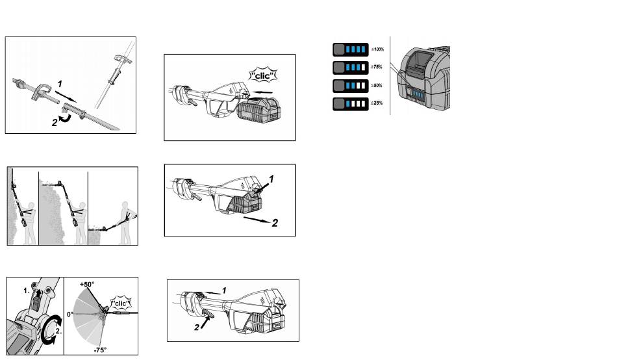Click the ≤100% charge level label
(x=377, y=49)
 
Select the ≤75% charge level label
(x=377, y=67)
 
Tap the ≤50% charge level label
(x=377, y=85)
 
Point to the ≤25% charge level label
(x=377, y=103)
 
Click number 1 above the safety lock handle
(x=225, y=290)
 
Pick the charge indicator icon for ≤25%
(x=349, y=103)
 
